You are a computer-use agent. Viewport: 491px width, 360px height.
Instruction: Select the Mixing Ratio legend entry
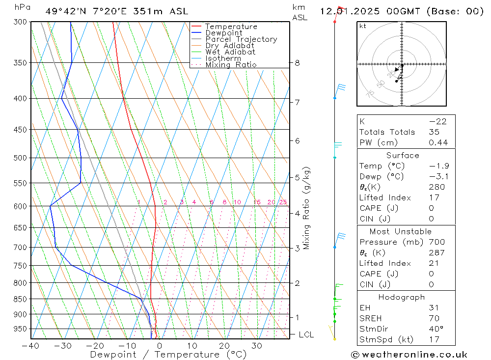(231, 65)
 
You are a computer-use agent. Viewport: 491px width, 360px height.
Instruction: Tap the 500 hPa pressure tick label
(21, 158)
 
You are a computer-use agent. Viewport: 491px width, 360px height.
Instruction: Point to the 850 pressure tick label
(21, 299)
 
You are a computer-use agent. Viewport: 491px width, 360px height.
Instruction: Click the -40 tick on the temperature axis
(30, 346)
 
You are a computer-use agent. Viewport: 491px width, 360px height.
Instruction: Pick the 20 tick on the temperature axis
(224, 346)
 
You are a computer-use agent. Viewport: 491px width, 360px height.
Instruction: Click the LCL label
(306, 335)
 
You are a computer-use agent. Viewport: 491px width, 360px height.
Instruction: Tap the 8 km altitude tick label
(298, 63)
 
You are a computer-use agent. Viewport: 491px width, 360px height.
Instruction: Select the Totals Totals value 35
(434, 132)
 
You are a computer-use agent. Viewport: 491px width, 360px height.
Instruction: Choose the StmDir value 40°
(436, 329)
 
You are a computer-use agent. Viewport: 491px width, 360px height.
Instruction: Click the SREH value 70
(434, 318)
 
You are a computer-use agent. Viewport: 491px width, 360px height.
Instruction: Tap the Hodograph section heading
(402, 297)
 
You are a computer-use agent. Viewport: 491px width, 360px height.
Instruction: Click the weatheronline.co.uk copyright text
(409, 355)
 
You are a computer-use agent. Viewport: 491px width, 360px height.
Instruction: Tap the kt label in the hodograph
(362, 26)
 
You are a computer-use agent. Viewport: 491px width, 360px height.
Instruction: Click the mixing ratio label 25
(283, 202)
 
